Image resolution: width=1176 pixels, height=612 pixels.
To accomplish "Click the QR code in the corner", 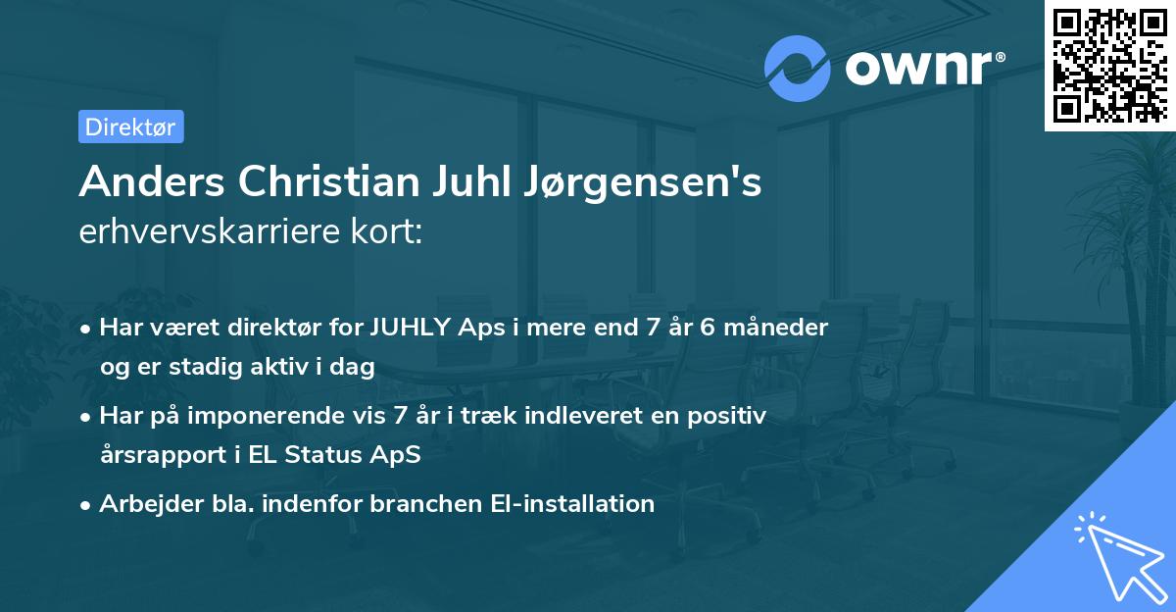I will click(x=1109, y=65).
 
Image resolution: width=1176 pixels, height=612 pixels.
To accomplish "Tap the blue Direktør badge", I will click(x=130, y=127).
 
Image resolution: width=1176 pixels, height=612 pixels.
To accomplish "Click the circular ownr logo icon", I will click(x=798, y=68).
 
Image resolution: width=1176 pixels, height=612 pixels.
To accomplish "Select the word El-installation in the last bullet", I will click(x=572, y=504).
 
